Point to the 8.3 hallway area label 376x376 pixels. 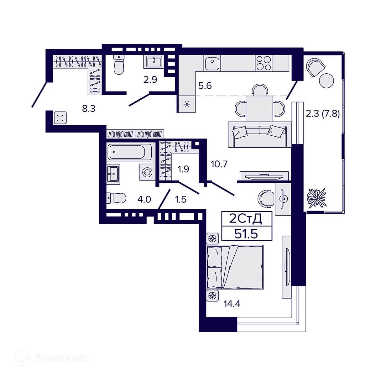88,109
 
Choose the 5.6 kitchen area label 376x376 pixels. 205,86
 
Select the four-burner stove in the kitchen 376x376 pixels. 263,63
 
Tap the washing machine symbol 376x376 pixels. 147,173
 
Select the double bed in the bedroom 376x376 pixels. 235,267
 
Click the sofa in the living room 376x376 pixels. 259,134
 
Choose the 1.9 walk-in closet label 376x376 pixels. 183,169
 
